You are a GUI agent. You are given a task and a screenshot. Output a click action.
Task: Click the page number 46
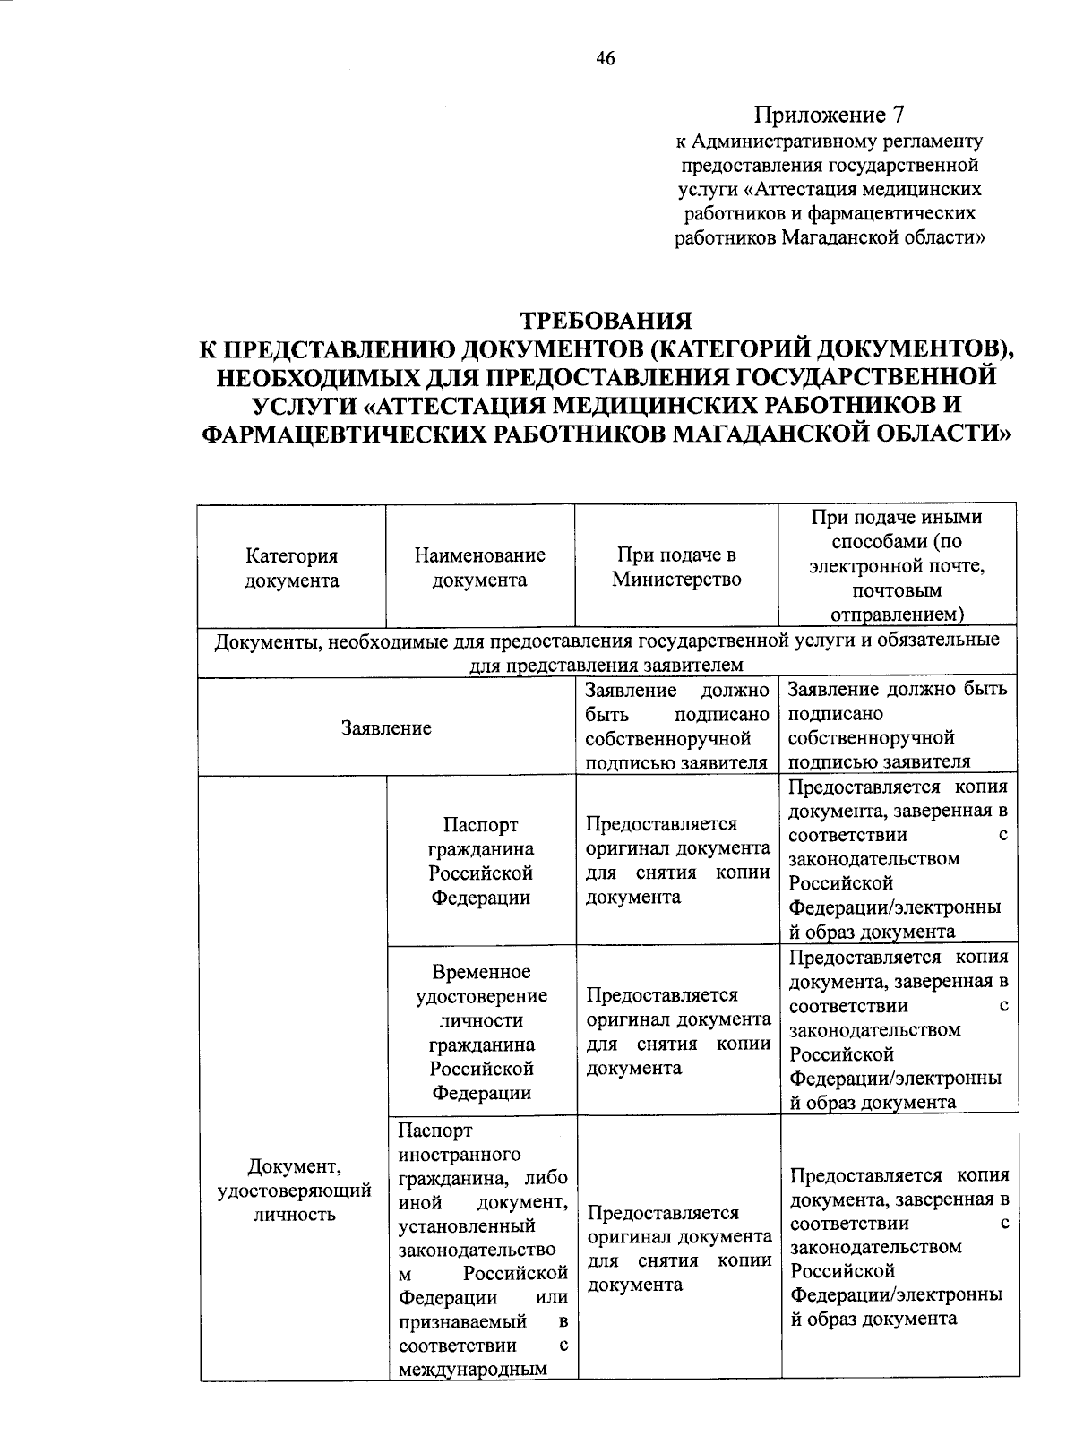[x=605, y=59]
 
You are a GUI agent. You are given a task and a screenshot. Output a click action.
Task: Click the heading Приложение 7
[x=830, y=115]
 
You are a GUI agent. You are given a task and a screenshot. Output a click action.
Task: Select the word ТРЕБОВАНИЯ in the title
[x=606, y=320]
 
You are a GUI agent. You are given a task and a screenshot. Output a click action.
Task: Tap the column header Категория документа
[x=292, y=568]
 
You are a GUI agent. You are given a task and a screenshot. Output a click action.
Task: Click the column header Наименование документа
[x=479, y=568]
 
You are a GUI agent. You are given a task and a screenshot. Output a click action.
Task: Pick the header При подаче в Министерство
[x=676, y=567]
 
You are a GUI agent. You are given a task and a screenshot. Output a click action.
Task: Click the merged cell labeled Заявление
[x=386, y=728]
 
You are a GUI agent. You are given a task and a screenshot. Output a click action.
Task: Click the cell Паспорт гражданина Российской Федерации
[x=480, y=861]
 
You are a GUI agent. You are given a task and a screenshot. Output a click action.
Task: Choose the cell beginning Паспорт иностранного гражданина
[x=483, y=1250]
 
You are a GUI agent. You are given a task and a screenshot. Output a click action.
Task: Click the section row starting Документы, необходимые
[x=606, y=652]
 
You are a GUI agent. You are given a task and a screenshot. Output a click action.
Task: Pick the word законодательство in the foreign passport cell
[x=477, y=1249]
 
